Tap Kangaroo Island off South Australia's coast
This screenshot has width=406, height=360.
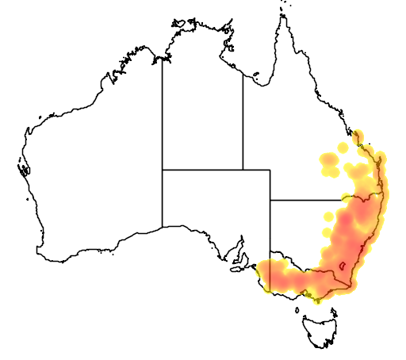(236, 268)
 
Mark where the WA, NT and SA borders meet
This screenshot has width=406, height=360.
(163, 169)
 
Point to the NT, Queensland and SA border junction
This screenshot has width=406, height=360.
(243, 169)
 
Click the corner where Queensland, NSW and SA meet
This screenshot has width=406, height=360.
(270, 201)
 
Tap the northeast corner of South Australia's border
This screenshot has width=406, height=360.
(270, 170)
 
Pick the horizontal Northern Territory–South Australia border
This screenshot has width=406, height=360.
(202, 169)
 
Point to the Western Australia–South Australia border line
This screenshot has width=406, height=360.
(163, 198)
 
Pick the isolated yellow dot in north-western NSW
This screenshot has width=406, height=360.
(328, 216)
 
